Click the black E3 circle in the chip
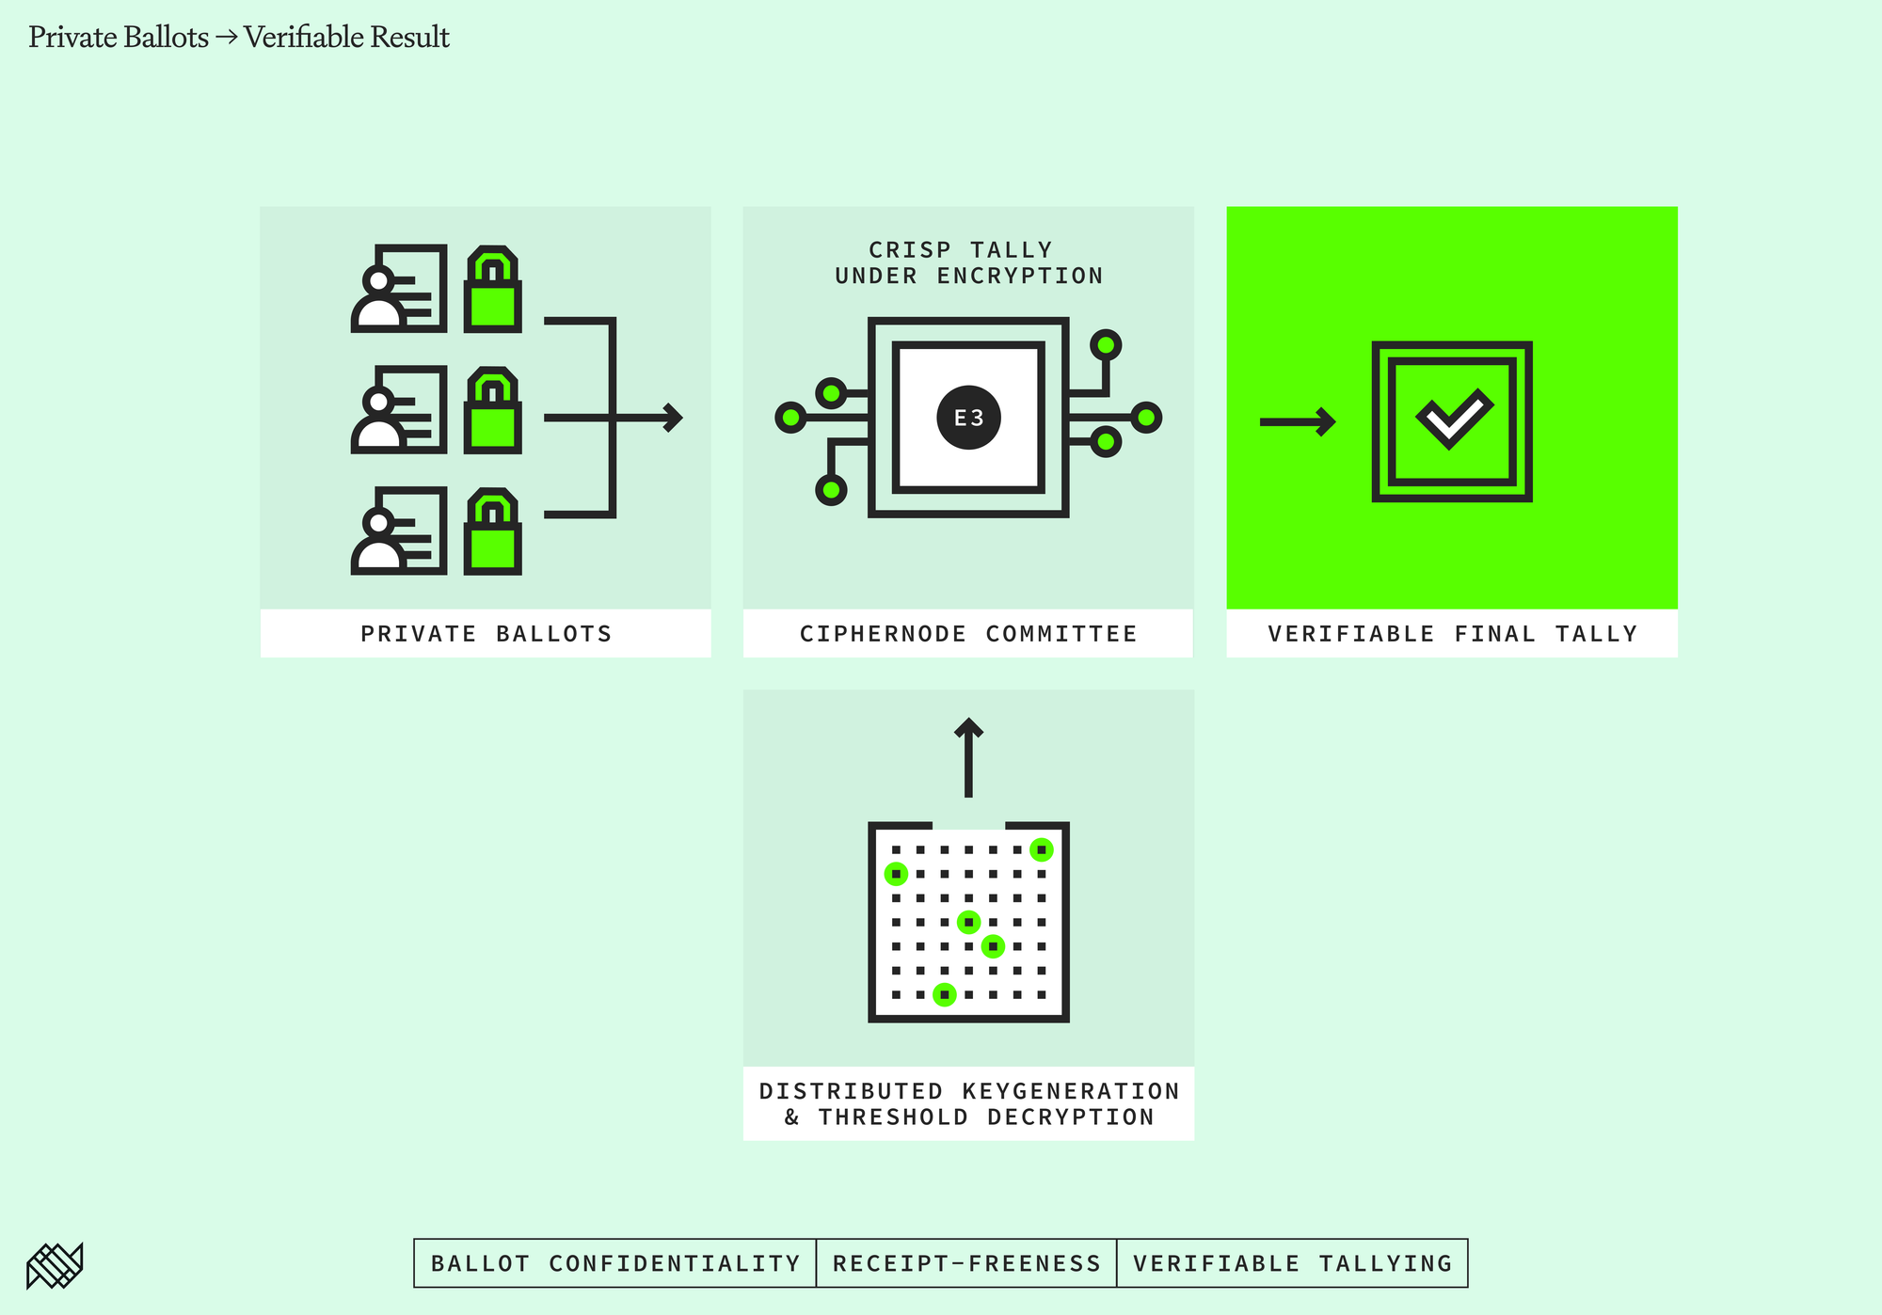968,418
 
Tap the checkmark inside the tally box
1454,419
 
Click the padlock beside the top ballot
493,289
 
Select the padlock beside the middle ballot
493,410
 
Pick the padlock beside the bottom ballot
493,531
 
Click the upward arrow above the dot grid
968,757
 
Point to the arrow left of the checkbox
1298,421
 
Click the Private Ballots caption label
486,634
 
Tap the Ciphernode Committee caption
968,634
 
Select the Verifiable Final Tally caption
1452,634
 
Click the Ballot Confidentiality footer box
615,1263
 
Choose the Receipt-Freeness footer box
966,1263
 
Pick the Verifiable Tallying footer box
1292,1263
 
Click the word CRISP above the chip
910,250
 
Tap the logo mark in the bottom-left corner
55,1265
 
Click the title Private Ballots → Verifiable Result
239,37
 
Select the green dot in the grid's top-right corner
1041,849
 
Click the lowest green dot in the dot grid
944,994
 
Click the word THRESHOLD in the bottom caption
893,1117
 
